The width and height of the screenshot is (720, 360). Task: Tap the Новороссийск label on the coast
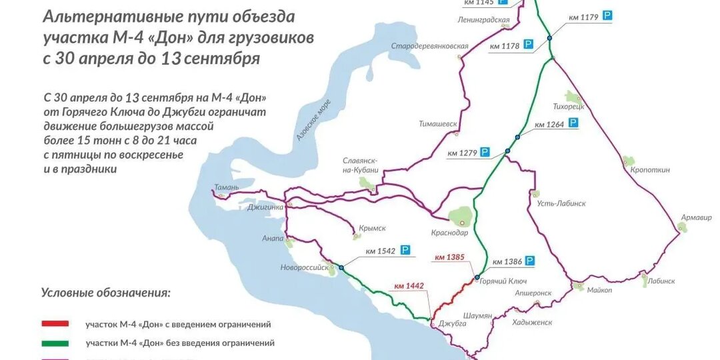pos(305,268)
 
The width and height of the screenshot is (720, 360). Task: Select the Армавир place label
pos(697,217)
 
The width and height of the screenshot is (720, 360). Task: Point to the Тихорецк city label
pos(569,106)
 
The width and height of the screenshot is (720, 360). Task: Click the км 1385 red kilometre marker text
pos(449,257)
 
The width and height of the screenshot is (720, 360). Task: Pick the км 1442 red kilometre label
pos(409,286)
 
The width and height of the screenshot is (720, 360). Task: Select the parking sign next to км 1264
pos(573,124)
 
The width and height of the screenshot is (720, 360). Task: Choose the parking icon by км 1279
pos(485,153)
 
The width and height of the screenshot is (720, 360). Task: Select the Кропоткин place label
pos(650,170)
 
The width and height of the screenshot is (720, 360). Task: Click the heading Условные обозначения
pos(105,292)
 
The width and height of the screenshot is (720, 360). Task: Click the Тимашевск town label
pos(438,124)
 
